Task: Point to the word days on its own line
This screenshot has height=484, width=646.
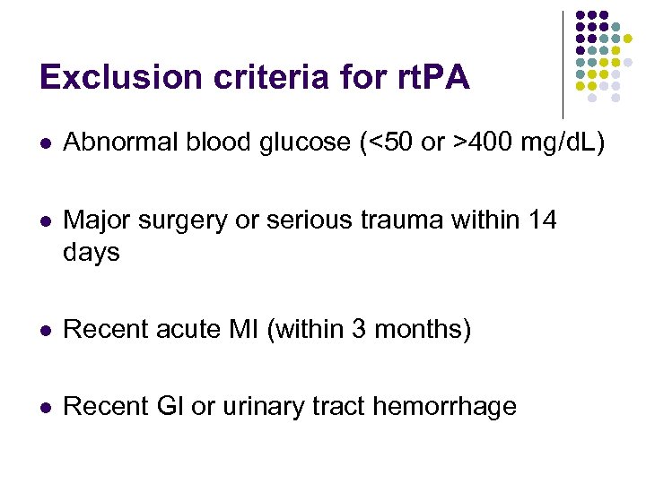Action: (x=92, y=253)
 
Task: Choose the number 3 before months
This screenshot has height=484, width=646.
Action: (x=358, y=330)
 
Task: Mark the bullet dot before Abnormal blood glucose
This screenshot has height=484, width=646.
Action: (x=46, y=142)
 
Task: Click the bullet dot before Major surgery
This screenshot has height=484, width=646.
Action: (x=46, y=219)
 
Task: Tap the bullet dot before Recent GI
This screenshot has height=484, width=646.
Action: (x=46, y=408)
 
